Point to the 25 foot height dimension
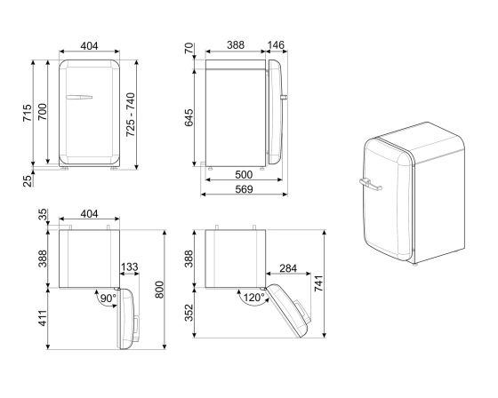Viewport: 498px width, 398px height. [27, 180]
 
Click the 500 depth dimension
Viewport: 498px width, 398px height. [243, 174]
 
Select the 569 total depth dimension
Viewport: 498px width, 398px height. [243, 189]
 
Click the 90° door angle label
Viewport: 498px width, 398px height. [107, 298]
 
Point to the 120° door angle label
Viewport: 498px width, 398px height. [254, 298]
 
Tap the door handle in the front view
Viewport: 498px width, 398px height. [80, 96]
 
